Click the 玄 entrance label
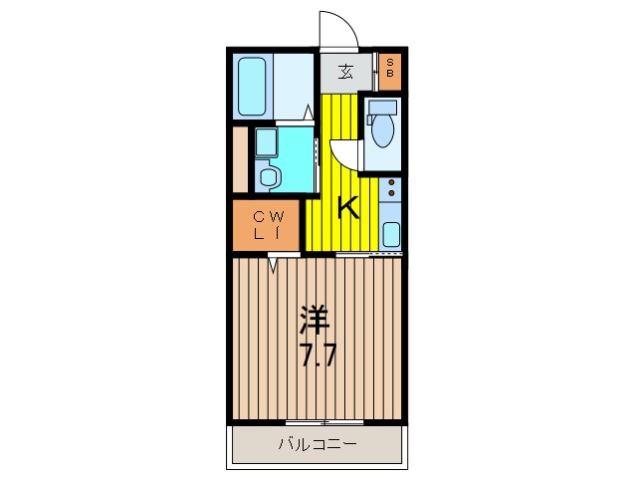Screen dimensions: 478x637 coord(345,72)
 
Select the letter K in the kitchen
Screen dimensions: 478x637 coord(347,207)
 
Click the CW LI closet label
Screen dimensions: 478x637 coord(269,225)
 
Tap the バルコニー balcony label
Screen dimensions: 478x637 coord(318,445)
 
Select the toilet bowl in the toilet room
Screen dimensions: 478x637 coord(381,130)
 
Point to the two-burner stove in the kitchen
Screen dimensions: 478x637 coord(391,191)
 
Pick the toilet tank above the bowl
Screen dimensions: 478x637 coord(381,106)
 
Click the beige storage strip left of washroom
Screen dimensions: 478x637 coord(240,159)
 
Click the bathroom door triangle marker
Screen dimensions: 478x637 coord(309,115)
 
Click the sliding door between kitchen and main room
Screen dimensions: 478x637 coord(369,255)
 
